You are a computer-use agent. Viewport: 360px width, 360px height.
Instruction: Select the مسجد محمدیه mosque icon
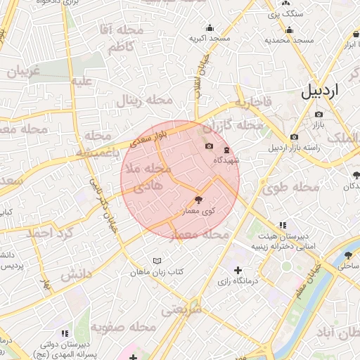click(289, 30)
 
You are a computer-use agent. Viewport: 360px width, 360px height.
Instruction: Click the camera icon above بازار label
click(319, 114)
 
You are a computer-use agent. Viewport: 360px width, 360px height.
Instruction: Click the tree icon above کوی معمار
click(199, 200)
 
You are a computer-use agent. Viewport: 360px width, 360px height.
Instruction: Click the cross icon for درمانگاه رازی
click(238, 270)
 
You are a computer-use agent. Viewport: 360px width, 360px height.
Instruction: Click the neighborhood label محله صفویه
click(123, 327)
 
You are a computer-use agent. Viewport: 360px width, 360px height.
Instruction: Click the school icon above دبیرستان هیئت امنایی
click(282, 225)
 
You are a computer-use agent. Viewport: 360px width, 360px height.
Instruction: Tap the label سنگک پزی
click(289, 13)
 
